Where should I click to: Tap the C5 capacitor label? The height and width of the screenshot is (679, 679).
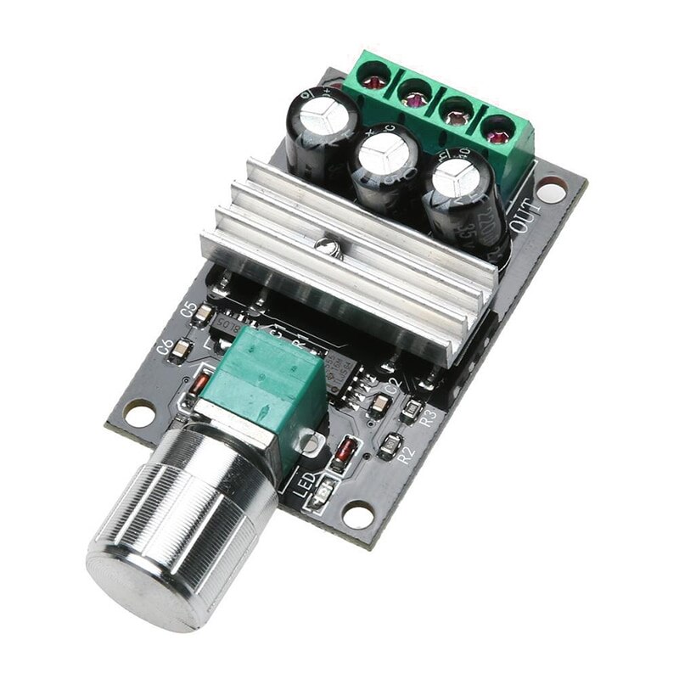(189, 311)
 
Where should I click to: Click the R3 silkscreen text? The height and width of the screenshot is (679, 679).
(429, 417)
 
